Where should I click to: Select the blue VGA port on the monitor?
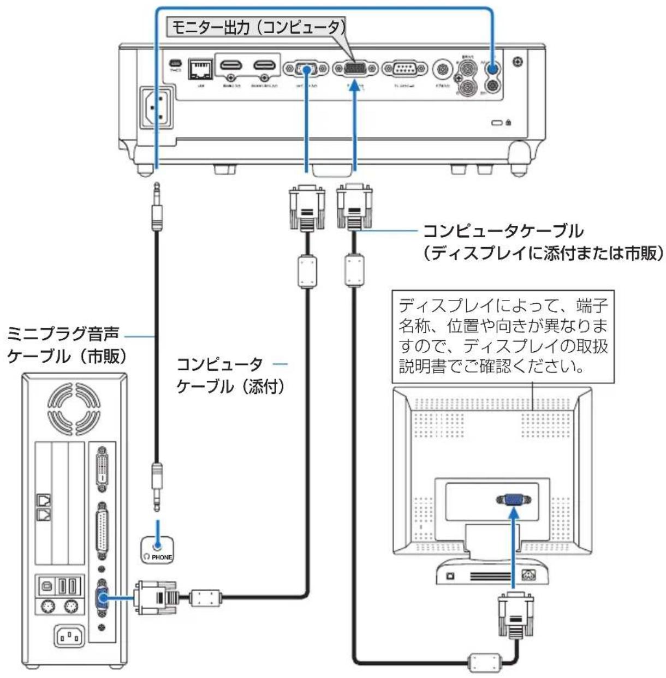tap(514, 500)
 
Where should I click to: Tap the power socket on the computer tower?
tap(69, 636)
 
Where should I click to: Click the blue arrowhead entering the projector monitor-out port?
tap(355, 86)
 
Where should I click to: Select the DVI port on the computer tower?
tap(102, 466)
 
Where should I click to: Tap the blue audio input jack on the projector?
tap(493, 69)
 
